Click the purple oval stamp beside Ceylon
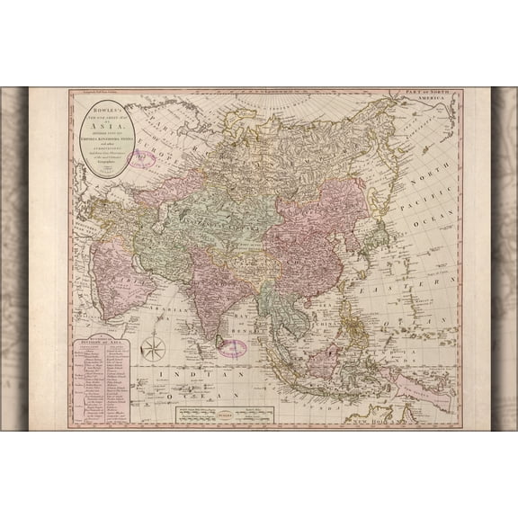coord(235,349)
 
